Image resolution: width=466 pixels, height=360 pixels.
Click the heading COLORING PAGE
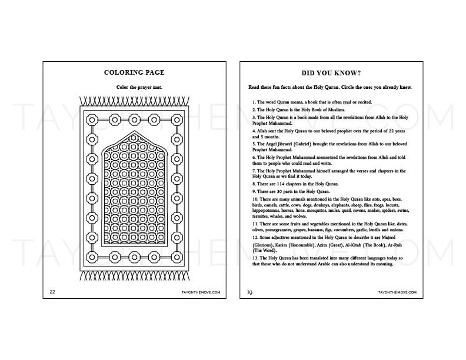point(134,73)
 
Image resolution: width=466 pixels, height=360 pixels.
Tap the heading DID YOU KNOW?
point(331,73)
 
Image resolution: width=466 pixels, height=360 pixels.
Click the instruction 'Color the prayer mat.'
point(134,87)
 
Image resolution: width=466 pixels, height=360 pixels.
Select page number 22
point(52,292)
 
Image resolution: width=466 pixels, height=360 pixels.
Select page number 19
point(249,292)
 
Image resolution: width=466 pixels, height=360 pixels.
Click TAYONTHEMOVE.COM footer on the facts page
point(397,292)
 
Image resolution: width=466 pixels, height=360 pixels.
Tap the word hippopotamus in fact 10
point(266,210)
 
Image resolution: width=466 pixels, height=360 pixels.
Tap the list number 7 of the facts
point(253,171)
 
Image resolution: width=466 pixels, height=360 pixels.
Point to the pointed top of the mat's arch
point(134,132)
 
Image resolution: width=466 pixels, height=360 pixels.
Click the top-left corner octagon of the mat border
point(92,119)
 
